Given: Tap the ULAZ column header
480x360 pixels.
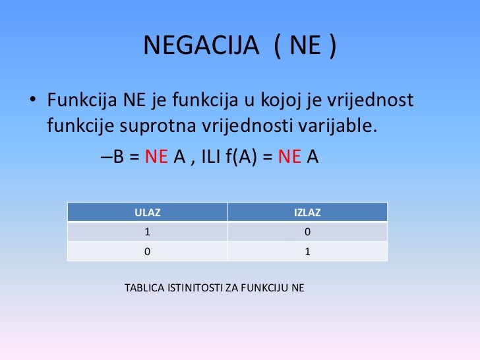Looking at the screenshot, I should coord(148,212).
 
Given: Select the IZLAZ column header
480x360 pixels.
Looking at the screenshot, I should coord(307,212).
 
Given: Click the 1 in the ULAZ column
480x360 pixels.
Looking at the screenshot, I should coord(148,232).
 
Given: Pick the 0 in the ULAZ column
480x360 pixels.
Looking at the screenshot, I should coord(148,251).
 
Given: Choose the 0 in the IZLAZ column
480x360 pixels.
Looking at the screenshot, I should coord(307,232).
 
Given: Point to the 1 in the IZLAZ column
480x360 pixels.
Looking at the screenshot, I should coord(307,251).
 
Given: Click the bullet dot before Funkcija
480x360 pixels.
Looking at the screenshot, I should coord(31,103).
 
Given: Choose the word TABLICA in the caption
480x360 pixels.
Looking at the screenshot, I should coord(142,288).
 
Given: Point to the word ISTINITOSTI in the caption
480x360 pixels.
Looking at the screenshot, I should coord(196,288).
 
